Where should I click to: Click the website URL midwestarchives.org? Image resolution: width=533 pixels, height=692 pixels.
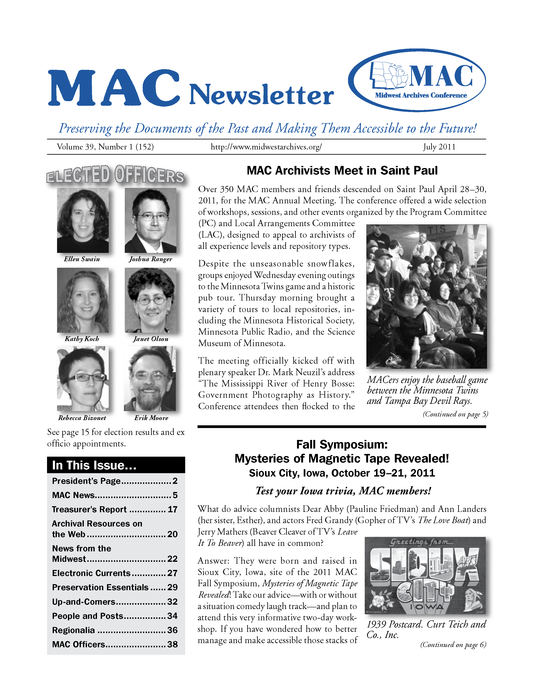[x=266, y=147]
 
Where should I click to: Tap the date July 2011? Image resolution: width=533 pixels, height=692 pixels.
[x=439, y=147]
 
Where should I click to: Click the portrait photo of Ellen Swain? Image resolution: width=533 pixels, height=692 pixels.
[x=83, y=220]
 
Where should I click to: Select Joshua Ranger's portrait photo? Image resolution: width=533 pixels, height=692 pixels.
[x=150, y=220]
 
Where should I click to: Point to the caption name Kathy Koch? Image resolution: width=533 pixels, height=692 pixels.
[x=82, y=339]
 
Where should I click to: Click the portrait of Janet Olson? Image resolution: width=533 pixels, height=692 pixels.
[x=150, y=300]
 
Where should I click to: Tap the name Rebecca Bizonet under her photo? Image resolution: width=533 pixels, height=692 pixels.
[x=82, y=418]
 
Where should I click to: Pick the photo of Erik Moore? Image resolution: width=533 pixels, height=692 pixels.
[x=150, y=379]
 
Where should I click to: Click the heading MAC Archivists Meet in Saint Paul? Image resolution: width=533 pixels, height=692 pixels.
[x=342, y=171]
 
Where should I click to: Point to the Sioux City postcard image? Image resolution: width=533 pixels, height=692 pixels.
[x=425, y=575]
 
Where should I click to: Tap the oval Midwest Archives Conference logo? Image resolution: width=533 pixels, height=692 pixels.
[x=417, y=80]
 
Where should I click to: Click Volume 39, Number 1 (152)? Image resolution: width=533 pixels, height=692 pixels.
[x=105, y=147]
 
